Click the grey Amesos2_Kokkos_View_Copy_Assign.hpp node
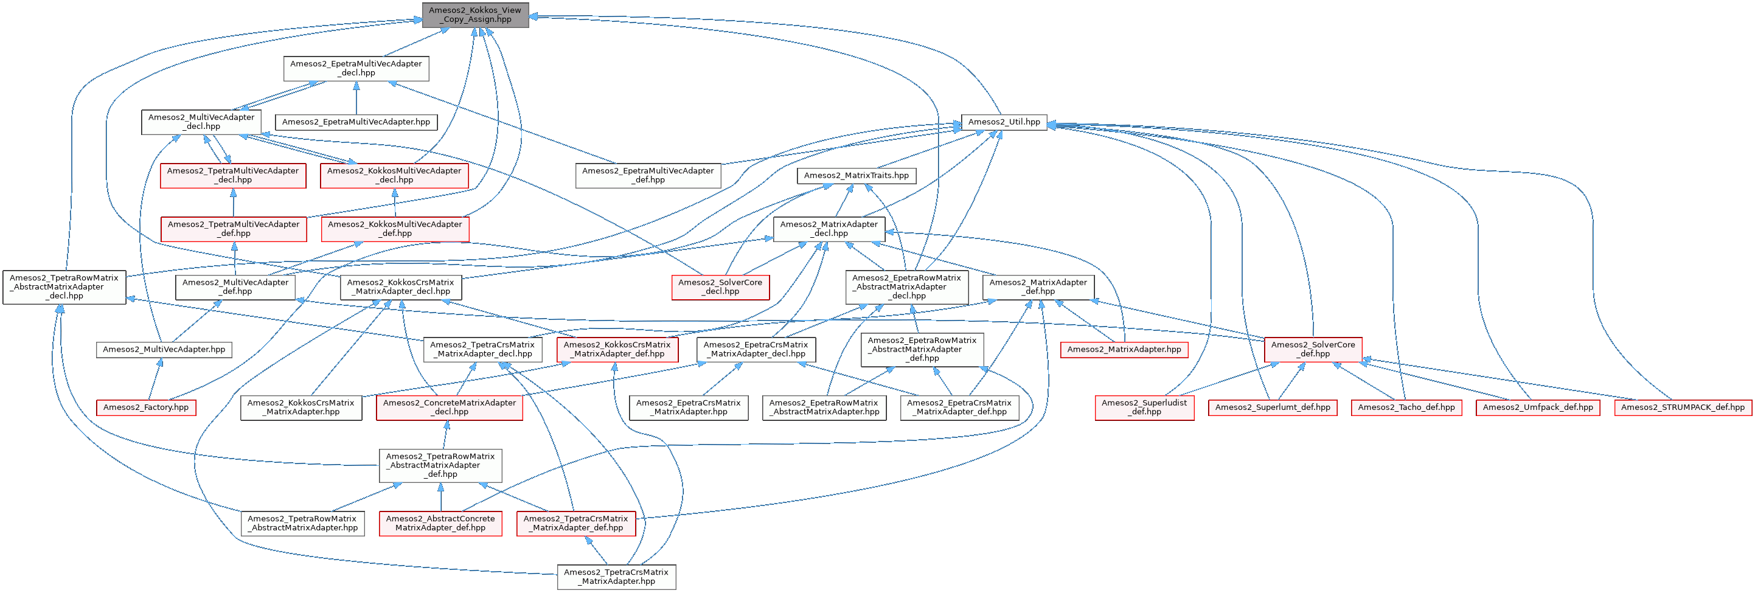click(x=475, y=15)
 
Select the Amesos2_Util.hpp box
click(x=1004, y=122)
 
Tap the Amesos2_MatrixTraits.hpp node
click(x=856, y=176)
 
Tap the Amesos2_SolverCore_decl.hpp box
click(x=720, y=287)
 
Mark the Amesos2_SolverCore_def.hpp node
click(x=1313, y=350)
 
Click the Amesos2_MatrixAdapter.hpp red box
click(x=1124, y=350)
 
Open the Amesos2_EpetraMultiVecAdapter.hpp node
click(x=356, y=122)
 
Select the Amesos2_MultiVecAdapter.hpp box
click(x=164, y=350)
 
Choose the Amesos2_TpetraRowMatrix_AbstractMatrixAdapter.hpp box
click(x=302, y=524)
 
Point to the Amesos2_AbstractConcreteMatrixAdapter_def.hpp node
click(x=440, y=524)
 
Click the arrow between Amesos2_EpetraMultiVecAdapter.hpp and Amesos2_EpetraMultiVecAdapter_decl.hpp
click(x=356, y=99)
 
